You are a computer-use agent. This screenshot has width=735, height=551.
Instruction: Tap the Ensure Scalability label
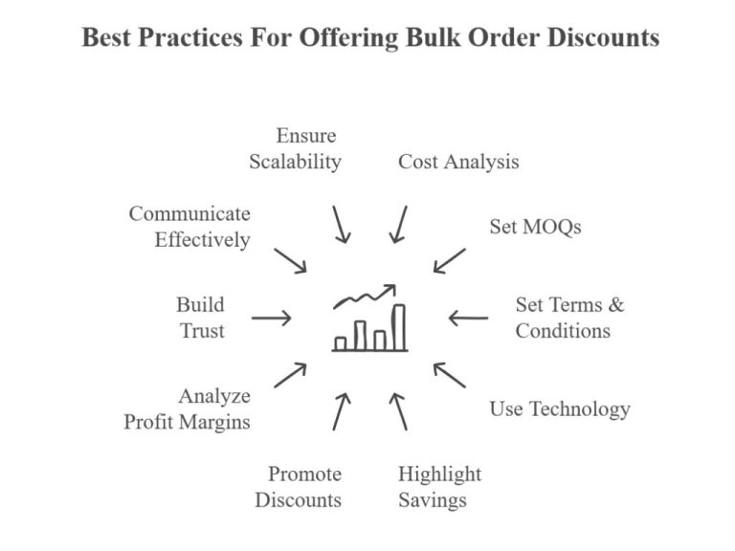click(x=295, y=148)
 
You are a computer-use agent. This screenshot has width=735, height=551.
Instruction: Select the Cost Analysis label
click(x=458, y=162)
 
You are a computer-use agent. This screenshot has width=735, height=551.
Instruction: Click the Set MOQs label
click(x=535, y=227)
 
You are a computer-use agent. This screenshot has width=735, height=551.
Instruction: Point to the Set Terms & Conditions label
click(x=568, y=318)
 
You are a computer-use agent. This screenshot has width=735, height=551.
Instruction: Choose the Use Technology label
click(x=560, y=409)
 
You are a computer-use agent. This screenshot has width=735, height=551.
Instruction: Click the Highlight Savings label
click(x=439, y=487)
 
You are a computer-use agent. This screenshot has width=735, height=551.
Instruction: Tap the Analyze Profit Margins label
click(x=188, y=408)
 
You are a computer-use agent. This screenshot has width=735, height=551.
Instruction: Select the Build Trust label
click(x=200, y=318)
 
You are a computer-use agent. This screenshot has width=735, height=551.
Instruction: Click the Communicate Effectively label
click(x=189, y=227)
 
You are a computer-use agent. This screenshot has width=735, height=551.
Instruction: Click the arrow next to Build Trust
click(x=271, y=318)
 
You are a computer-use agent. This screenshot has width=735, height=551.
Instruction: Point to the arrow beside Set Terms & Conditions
click(x=468, y=318)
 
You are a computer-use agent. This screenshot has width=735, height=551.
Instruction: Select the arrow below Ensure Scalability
click(x=341, y=223)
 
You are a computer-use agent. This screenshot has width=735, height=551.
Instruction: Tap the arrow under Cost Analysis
click(x=399, y=224)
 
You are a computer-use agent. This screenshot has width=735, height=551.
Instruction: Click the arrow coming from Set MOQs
click(x=449, y=260)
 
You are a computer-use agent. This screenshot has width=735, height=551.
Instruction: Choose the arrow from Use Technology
click(x=449, y=375)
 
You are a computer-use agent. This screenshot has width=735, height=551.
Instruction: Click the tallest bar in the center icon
click(x=398, y=327)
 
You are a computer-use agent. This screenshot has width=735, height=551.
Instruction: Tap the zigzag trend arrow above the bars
click(x=365, y=296)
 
